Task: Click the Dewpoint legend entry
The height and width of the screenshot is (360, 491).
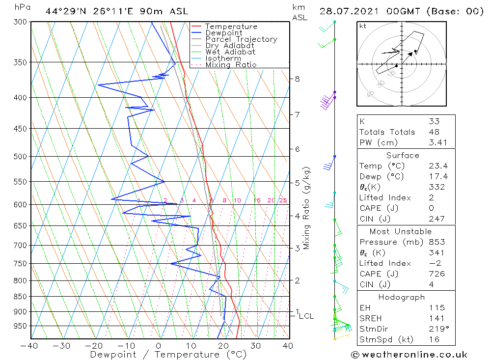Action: tap(223, 33)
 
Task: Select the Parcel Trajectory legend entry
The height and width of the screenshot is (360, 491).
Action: tap(241, 39)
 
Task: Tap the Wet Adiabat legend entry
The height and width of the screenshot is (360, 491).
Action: tap(230, 52)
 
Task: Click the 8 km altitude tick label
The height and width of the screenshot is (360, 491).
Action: tap(298, 79)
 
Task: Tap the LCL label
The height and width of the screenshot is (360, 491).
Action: tap(306, 316)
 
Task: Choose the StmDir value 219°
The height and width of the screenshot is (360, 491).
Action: tap(437, 329)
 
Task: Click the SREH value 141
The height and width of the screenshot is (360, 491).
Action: tap(436, 318)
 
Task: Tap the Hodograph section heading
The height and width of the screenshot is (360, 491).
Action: tap(406, 297)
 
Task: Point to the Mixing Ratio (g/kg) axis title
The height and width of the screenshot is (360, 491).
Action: tap(306, 208)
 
